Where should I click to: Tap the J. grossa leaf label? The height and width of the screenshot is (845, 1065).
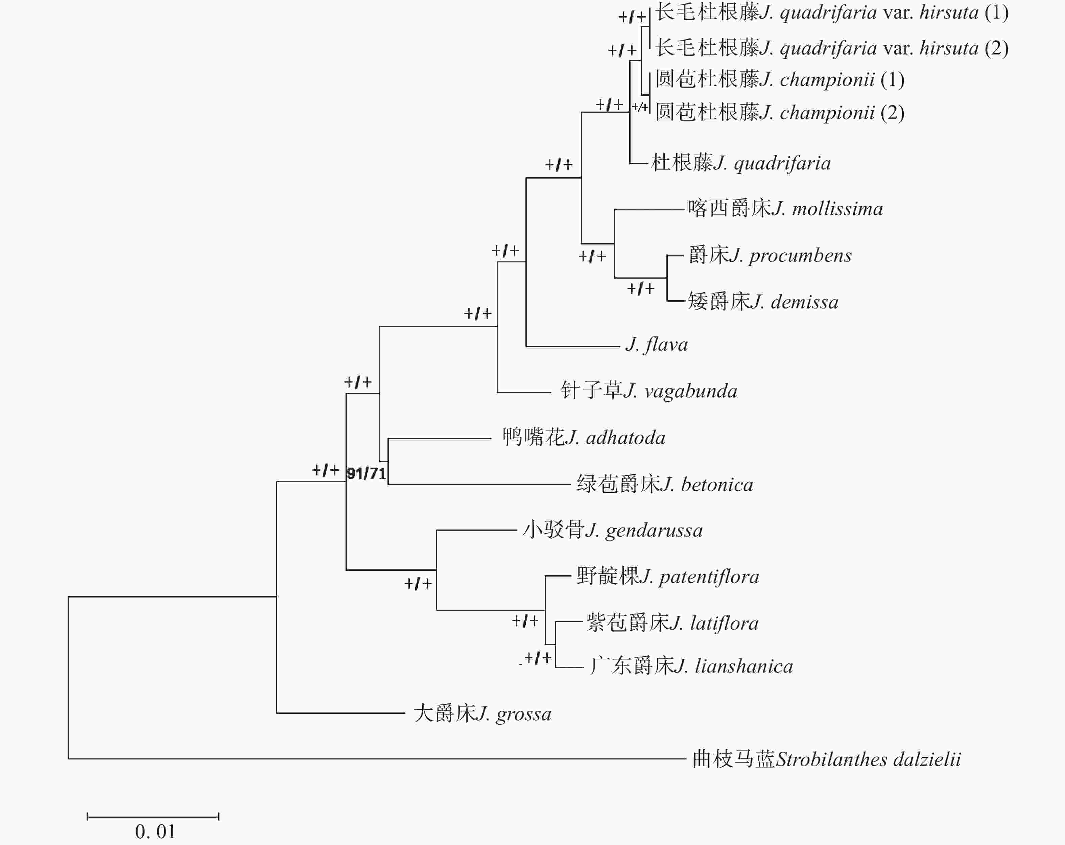coord(482,713)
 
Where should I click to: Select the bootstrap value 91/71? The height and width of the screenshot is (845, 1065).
coord(366,473)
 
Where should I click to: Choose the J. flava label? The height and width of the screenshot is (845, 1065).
coord(657,345)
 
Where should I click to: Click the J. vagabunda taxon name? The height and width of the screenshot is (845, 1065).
coord(648,391)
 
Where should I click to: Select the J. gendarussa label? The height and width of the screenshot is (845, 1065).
coord(613,530)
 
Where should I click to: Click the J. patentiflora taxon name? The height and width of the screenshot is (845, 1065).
coord(668,577)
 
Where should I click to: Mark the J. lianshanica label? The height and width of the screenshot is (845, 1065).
coord(691,666)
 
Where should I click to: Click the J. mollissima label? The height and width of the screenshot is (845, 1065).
coord(785,209)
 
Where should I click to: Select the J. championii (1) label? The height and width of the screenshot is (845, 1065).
coord(780,79)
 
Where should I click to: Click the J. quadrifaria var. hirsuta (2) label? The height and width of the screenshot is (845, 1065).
coord(832,48)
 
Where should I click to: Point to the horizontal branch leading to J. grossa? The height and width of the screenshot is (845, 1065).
coord(340,712)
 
